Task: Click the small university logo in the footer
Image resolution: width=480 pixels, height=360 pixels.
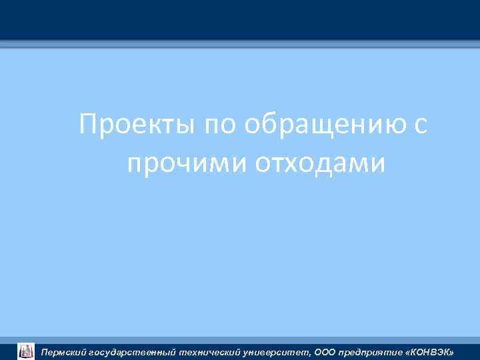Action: pyautogui.click(x=25, y=351)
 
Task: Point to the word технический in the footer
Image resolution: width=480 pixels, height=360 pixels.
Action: pyautogui.click(x=213, y=351)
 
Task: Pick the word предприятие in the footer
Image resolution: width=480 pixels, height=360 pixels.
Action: pyautogui.click(x=371, y=351)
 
